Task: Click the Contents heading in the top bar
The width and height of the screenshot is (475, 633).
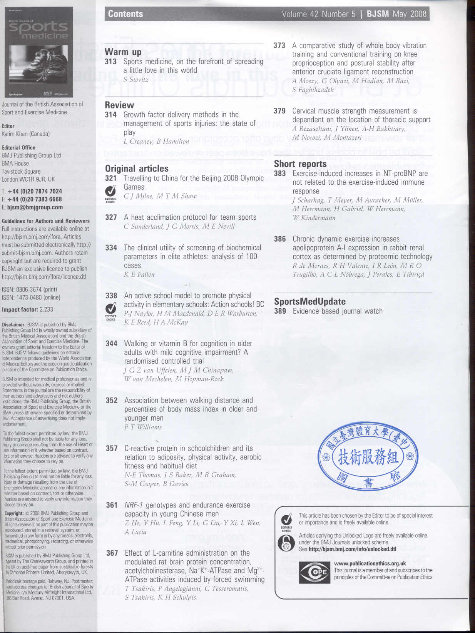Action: point(125,14)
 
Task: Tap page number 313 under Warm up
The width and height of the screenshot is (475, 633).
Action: point(111,62)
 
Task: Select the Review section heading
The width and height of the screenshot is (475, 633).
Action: point(119,105)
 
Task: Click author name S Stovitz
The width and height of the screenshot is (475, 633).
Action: point(136,80)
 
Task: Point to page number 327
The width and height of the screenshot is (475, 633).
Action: point(111,217)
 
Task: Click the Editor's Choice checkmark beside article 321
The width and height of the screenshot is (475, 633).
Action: point(110,191)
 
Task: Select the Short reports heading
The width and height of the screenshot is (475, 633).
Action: point(300,164)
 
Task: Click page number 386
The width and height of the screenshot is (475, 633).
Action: point(280,239)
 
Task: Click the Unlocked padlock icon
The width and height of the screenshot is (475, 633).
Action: point(286,543)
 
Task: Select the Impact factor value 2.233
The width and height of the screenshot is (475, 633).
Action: point(46,309)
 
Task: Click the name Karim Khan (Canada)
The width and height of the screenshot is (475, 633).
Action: point(26,134)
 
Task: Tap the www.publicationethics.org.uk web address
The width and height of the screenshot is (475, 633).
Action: point(370,563)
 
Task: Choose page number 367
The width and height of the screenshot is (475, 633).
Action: point(112,553)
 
